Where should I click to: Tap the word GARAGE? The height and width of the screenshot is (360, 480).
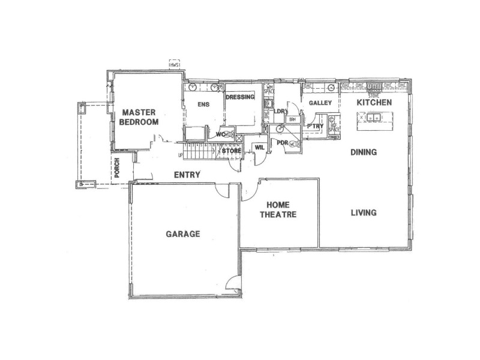click(x=182, y=234)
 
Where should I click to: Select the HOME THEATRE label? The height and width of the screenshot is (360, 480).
click(x=278, y=209)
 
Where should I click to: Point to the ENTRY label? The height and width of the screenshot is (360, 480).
click(x=187, y=175)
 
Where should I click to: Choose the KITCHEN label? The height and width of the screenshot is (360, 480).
click(x=374, y=103)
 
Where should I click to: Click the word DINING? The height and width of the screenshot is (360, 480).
click(x=364, y=152)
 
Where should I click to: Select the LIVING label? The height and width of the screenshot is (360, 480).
click(x=364, y=212)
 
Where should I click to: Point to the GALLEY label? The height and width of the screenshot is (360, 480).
click(x=320, y=104)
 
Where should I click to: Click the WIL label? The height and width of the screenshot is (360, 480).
click(x=260, y=146)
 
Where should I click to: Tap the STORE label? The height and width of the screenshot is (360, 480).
click(x=232, y=151)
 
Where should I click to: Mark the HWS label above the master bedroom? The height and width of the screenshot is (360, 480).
click(x=175, y=64)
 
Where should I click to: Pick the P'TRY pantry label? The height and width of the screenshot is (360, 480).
click(x=315, y=126)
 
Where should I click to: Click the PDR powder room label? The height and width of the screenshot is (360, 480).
click(x=282, y=143)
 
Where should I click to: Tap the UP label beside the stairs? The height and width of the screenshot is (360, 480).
click(x=180, y=156)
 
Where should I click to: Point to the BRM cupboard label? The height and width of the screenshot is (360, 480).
click(x=293, y=119)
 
